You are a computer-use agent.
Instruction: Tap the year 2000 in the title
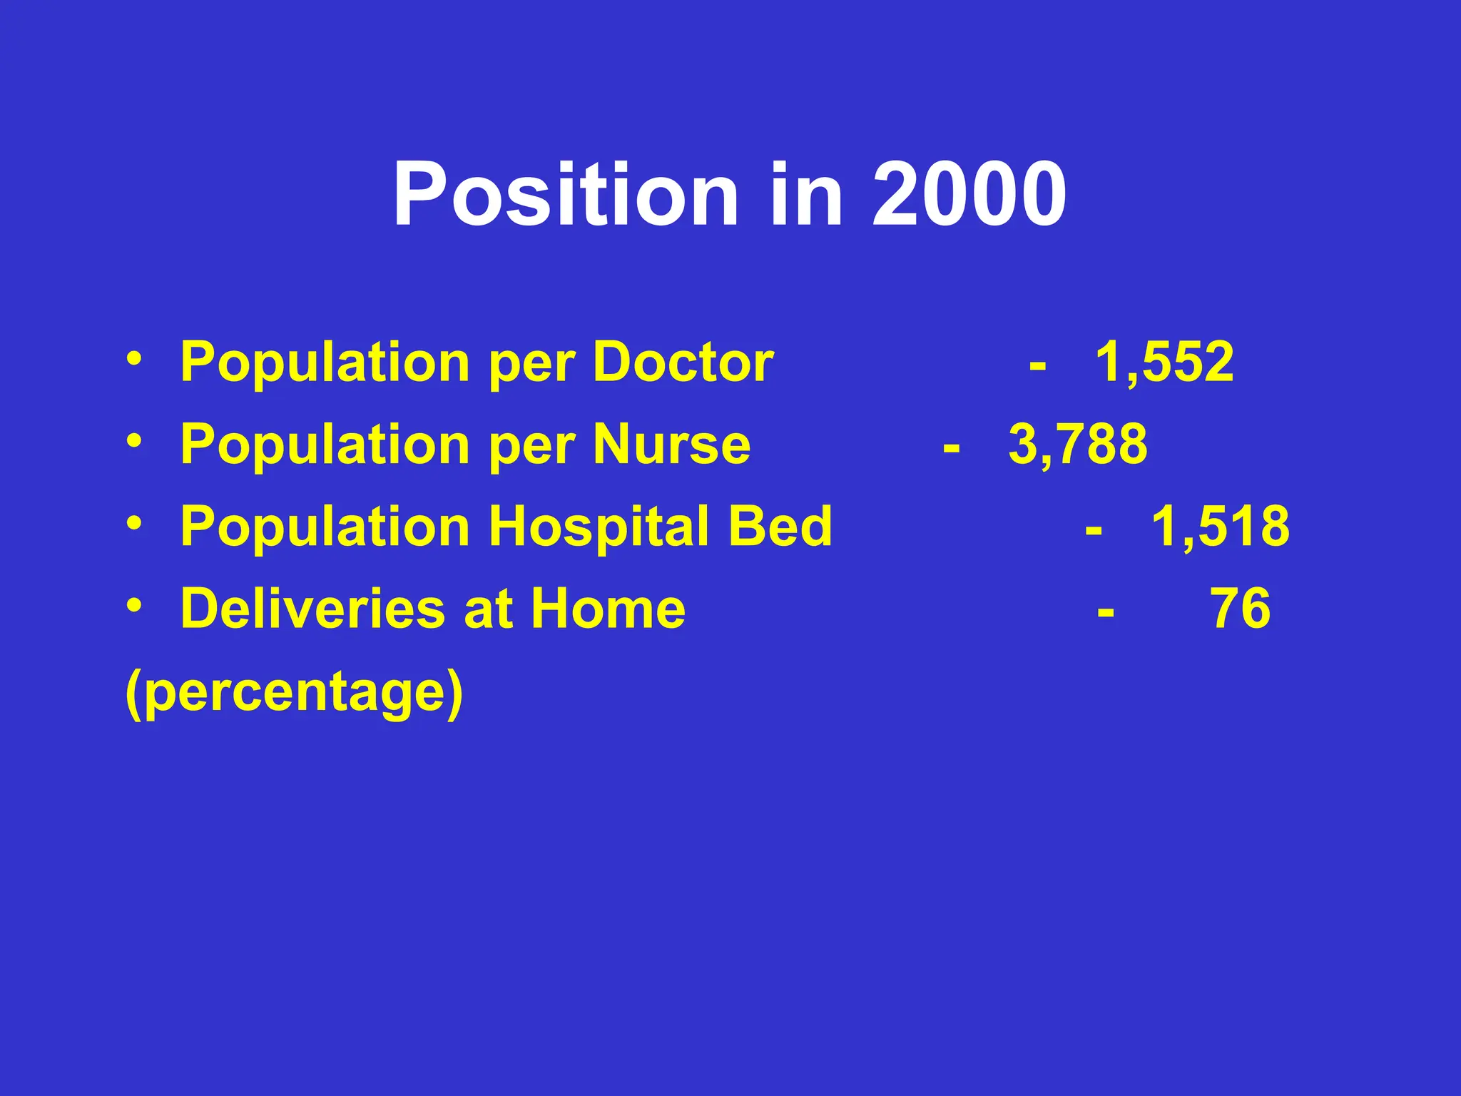point(969,195)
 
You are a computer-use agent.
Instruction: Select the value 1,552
point(1164,362)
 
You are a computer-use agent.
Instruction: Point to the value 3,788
point(1078,445)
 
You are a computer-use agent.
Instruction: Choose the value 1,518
point(1221,527)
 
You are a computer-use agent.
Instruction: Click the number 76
point(1241,609)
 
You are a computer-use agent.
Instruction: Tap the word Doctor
point(683,362)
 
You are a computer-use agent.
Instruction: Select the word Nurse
point(672,445)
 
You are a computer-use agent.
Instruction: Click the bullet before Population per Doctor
point(133,357)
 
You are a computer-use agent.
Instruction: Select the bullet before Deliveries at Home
point(133,604)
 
